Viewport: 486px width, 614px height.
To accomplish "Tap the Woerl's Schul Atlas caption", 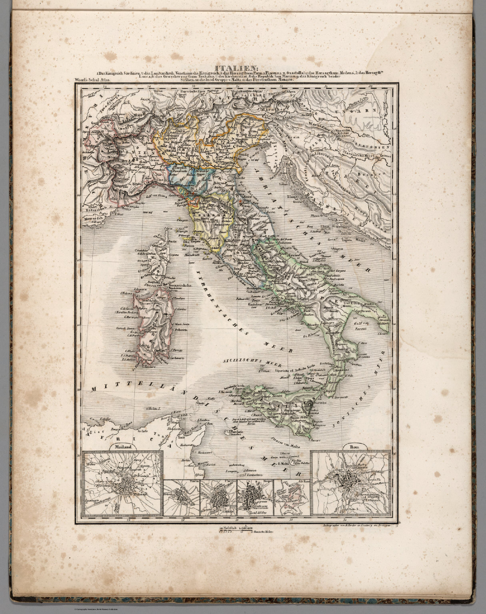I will [92, 80].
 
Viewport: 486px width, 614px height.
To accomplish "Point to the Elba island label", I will [187, 242].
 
